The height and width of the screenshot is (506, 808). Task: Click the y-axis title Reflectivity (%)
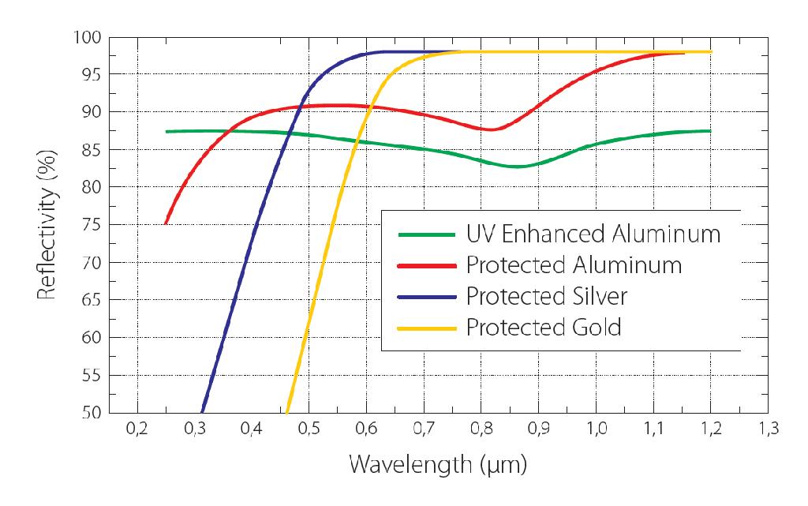click(47, 225)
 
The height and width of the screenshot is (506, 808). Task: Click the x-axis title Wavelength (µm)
click(438, 465)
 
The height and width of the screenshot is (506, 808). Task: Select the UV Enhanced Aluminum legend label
click(593, 234)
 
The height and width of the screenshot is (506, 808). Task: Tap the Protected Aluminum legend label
click(574, 265)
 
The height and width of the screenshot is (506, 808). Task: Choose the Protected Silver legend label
click(547, 296)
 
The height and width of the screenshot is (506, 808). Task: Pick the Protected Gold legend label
click(544, 327)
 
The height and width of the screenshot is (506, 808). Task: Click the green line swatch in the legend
click(427, 235)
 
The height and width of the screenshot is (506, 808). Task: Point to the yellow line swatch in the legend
click(427, 328)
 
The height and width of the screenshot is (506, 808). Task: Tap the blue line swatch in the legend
click(427, 298)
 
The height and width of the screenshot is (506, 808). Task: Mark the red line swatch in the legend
click(427, 266)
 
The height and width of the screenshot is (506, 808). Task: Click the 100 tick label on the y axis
click(88, 37)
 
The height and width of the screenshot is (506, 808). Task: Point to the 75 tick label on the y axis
click(92, 225)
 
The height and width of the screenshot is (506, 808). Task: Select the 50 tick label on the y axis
click(92, 412)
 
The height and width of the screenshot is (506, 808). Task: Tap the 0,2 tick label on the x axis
click(137, 429)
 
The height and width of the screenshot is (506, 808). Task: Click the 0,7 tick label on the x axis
click(424, 429)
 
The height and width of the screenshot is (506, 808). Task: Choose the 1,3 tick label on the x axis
click(768, 429)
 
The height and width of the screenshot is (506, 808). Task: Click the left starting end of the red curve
click(166, 223)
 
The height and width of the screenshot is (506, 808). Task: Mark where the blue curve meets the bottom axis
click(202, 412)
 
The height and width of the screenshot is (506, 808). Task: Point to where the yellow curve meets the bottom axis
click(287, 412)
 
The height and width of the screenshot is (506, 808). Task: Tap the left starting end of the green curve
click(166, 131)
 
